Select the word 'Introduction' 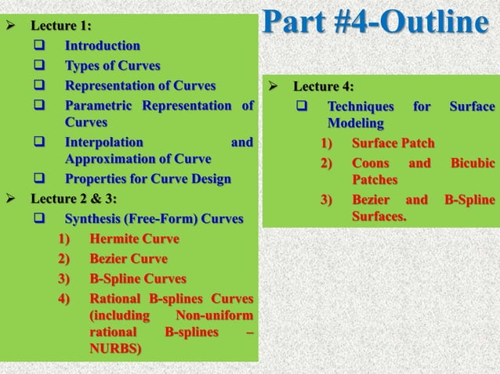[102, 46]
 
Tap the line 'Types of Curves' [112, 66]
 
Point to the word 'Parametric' [98, 105]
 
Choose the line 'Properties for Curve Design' [147, 178]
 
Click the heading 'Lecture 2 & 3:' [73, 198]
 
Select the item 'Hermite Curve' [134, 238]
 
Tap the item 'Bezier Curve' [129, 258]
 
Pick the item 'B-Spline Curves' [138, 279]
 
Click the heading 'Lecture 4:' [323, 86]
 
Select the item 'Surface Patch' [393, 143]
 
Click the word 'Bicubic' [472, 163]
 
